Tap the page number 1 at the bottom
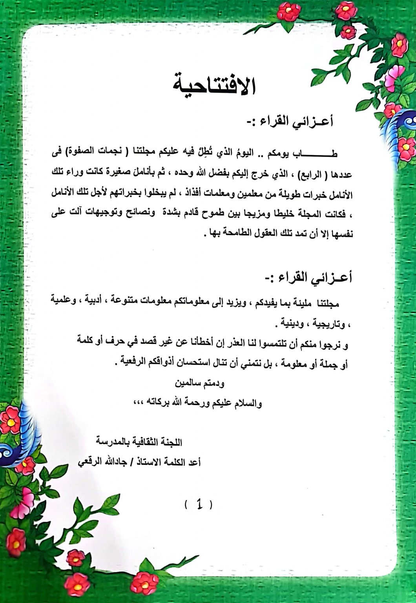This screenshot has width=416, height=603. (x=199, y=504)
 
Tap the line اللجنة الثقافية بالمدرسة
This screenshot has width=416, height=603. (x=139, y=442)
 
